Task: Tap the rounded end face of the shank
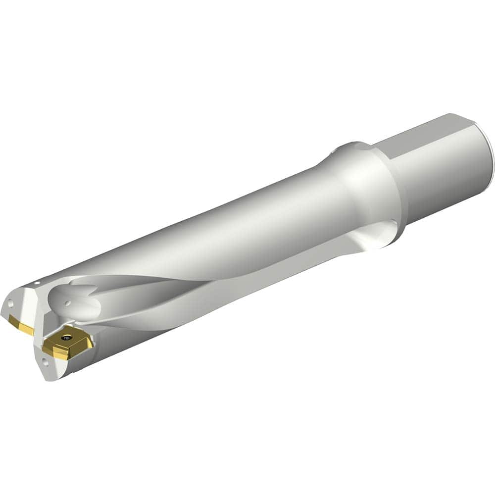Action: click(x=487, y=153)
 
